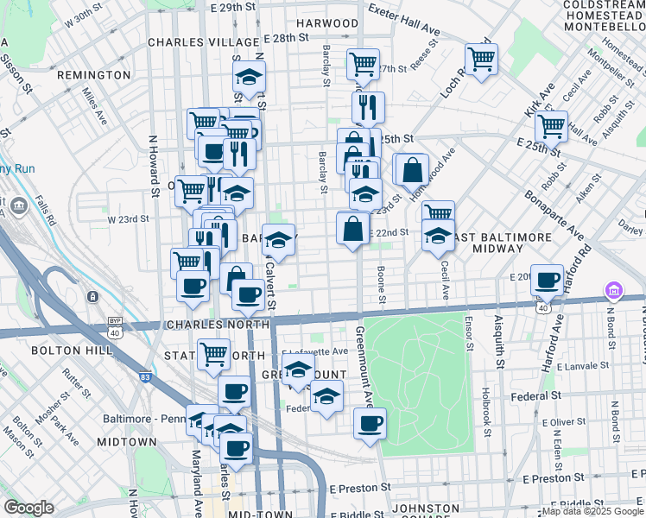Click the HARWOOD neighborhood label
(327, 23)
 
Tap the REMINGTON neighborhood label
(93, 75)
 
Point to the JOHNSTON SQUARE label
(426, 509)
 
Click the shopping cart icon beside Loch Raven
(481, 60)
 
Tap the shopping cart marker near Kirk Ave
(550, 126)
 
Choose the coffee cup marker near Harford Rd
(547, 280)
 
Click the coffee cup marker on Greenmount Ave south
(370, 423)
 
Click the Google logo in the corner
(28, 508)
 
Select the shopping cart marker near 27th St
(363, 63)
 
